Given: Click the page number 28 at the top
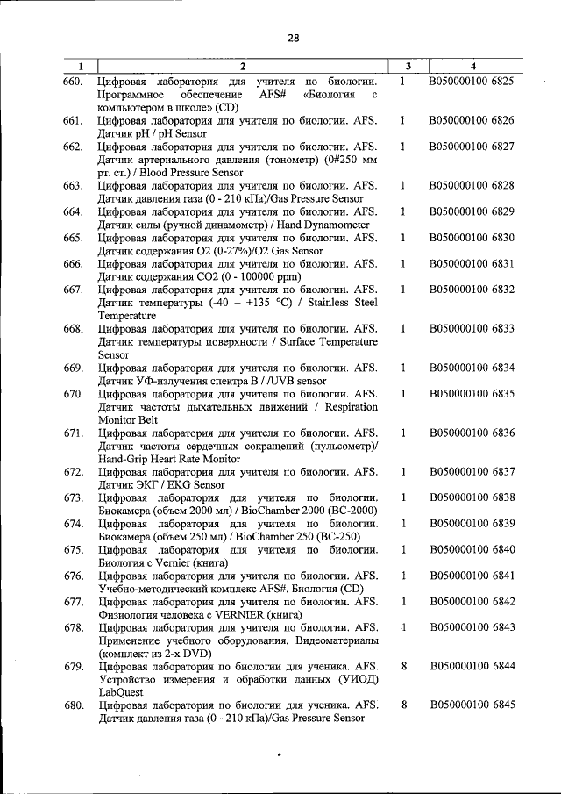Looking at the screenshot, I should point(293,38).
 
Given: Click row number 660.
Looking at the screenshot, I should point(72,81).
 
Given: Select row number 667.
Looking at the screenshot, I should point(72,290).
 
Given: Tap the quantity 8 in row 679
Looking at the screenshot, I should point(403,667).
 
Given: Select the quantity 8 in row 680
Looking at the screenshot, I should point(403,705).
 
